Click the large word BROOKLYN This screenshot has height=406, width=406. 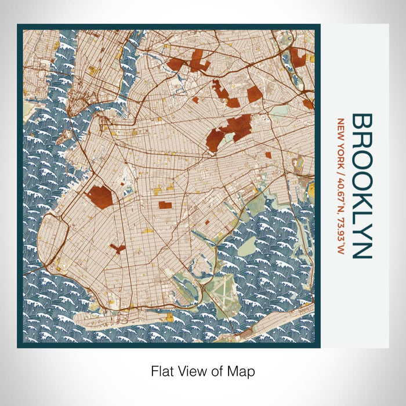(x=362, y=186)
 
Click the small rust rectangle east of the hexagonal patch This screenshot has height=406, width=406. (x=165, y=205)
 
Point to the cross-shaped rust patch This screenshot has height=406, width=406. (x=118, y=249)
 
